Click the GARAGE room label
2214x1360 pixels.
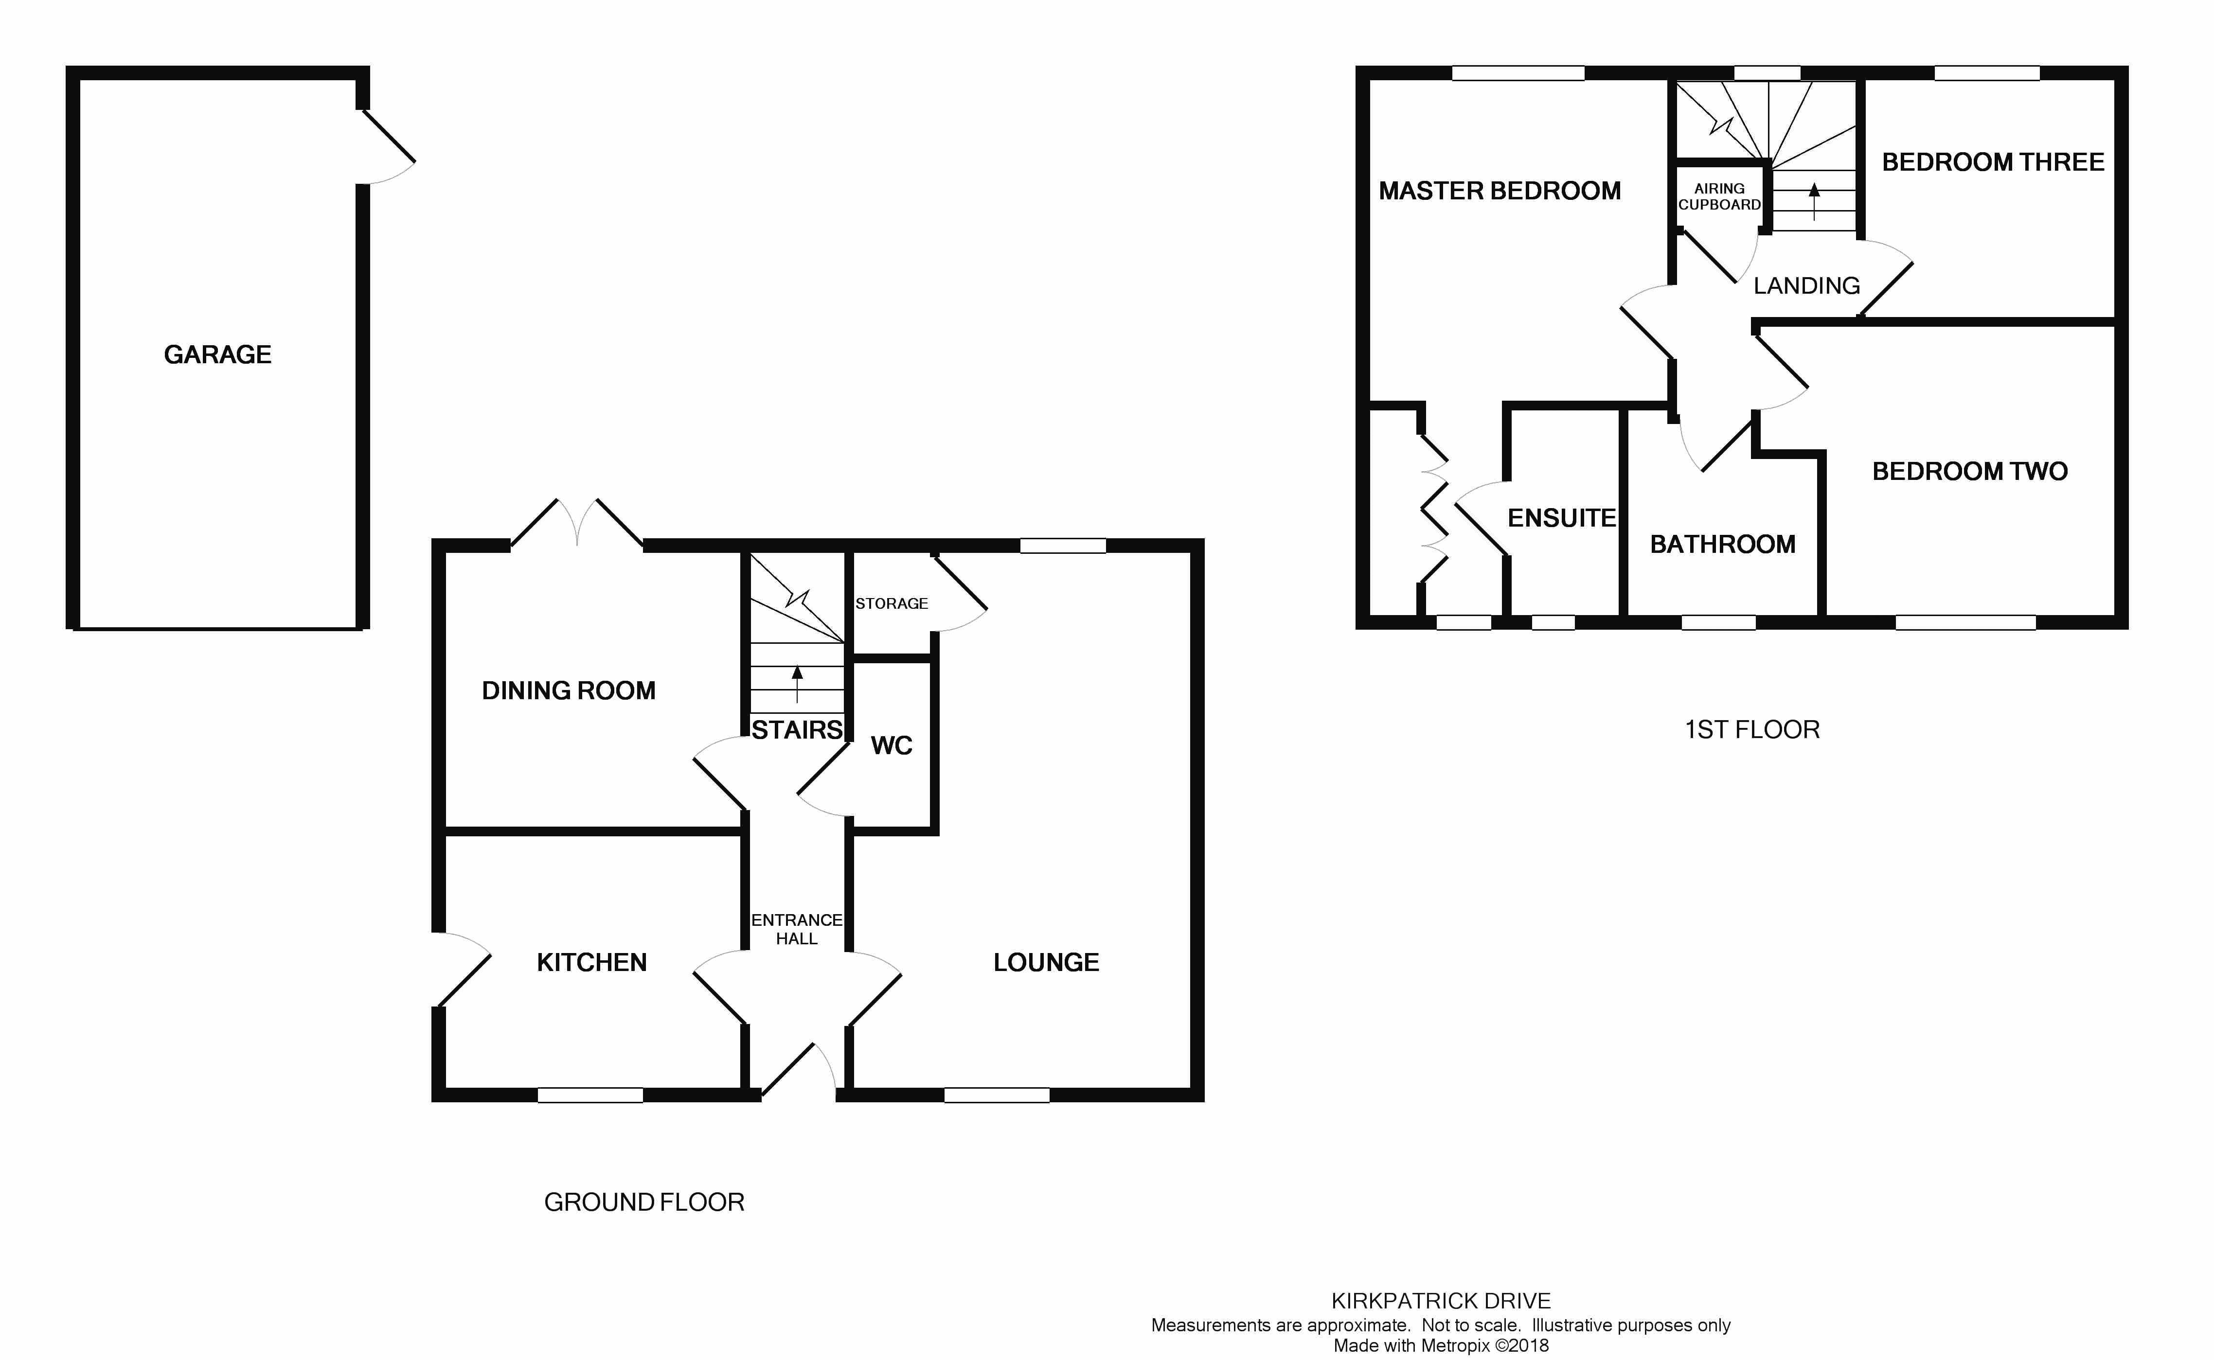(x=218, y=354)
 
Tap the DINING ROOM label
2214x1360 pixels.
(x=569, y=691)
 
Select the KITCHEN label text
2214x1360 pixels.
(x=592, y=962)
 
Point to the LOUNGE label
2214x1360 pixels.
(x=1046, y=962)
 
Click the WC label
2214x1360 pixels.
(x=892, y=746)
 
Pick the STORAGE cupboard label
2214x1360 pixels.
(x=892, y=603)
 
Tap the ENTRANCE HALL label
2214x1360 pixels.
(x=797, y=929)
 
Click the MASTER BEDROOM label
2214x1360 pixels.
(x=1500, y=191)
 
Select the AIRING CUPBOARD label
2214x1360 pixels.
(x=1719, y=196)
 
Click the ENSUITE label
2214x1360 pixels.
(x=1562, y=518)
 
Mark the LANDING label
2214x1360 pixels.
(x=1806, y=286)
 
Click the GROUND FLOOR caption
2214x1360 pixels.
(x=644, y=1202)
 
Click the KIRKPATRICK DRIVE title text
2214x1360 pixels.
(x=1441, y=1301)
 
